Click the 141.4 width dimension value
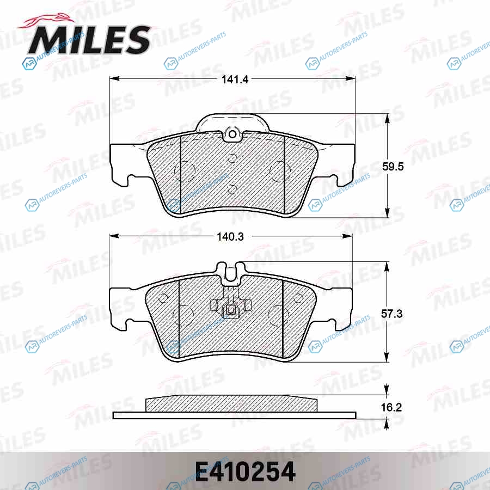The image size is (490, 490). coord(235,79)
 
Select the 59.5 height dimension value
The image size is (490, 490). coord(393,167)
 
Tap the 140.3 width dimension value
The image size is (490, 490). coord(230,237)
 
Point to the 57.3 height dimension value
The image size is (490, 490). coord(391,314)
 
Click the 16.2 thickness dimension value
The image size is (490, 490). coord(391,407)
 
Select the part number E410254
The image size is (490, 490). coord(246,471)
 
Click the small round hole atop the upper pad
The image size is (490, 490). coord(232,134)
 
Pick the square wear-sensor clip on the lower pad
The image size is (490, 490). coord(231,310)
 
